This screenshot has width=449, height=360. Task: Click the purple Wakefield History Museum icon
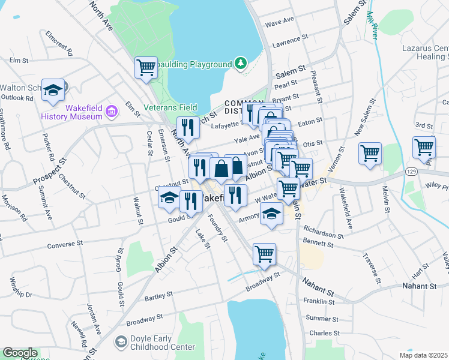[111, 111]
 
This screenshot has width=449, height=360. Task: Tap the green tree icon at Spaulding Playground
[241, 64]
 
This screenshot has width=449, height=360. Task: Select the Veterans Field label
[170, 108]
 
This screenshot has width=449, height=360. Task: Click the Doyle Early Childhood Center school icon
[121, 341]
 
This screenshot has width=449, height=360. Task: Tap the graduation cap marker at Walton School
[53, 90]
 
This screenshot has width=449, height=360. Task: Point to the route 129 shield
[409, 172]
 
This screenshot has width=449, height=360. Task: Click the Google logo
[20, 353]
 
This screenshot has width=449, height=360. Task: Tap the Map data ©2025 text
[415, 355]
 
